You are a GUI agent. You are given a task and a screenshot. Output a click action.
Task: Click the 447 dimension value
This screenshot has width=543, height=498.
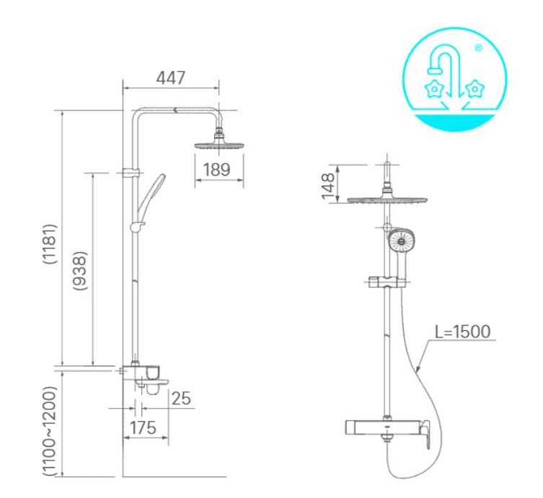tap(171, 78)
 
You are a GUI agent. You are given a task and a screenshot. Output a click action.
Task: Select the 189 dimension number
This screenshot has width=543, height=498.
tap(216, 169)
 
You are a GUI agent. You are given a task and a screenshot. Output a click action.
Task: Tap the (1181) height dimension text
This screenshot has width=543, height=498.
tap(50, 244)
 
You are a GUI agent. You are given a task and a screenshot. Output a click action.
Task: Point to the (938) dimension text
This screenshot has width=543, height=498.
tap(80, 271)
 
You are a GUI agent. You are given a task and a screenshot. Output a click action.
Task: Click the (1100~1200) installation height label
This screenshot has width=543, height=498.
tap(49, 431)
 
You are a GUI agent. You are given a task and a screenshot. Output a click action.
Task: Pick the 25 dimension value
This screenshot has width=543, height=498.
tap(181, 399)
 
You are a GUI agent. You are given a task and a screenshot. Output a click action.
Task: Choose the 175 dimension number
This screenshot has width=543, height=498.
tap(143, 428)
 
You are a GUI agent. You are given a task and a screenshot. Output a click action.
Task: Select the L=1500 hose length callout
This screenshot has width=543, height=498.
tap(463, 332)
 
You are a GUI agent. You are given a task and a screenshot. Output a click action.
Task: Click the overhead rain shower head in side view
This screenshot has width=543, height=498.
tap(219, 146)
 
